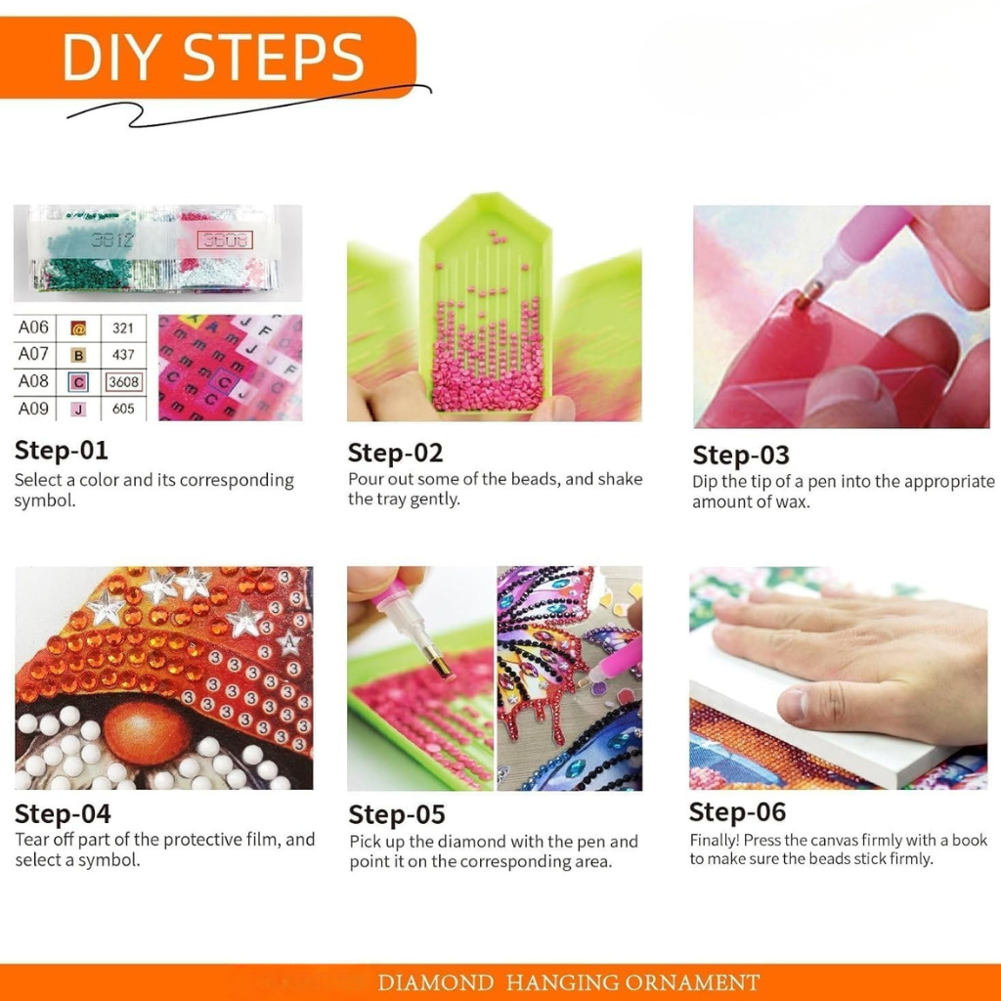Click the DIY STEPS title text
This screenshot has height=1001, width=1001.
point(213,58)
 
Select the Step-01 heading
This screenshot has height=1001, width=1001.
point(62,450)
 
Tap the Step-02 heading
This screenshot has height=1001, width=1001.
point(395,453)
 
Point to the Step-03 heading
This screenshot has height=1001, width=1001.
point(741,456)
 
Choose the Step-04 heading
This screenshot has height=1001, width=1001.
point(63,814)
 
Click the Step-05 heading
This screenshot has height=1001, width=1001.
point(397,814)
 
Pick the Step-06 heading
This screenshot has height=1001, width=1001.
point(737,812)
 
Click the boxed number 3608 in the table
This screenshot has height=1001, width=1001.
point(124,382)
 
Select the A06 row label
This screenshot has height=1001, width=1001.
point(33,327)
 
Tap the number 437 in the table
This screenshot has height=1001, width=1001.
point(123,354)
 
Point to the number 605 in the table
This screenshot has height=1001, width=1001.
point(123,409)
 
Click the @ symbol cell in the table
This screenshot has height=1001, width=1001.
point(78,328)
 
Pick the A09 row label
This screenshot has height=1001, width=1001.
point(33,409)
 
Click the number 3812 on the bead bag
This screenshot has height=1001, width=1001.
point(111,240)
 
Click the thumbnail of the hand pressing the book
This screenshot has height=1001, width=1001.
point(838,678)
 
